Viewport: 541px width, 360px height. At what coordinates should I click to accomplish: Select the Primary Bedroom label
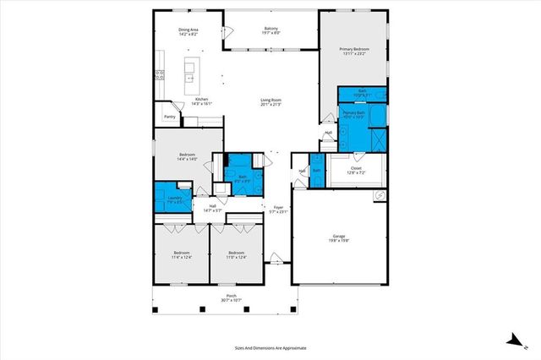tap(355, 52)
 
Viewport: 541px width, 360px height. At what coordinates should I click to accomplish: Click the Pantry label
tap(169, 117)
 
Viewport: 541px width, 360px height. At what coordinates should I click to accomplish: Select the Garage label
tap(340, 237)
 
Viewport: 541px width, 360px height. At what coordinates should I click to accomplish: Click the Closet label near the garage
tap(357, 170)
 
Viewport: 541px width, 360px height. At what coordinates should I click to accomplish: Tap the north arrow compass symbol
tap(514, 340)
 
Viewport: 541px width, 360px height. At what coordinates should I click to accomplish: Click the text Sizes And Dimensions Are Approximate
tap(270, 347)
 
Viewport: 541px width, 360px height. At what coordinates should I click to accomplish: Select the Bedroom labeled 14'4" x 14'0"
tap(188, 156)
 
